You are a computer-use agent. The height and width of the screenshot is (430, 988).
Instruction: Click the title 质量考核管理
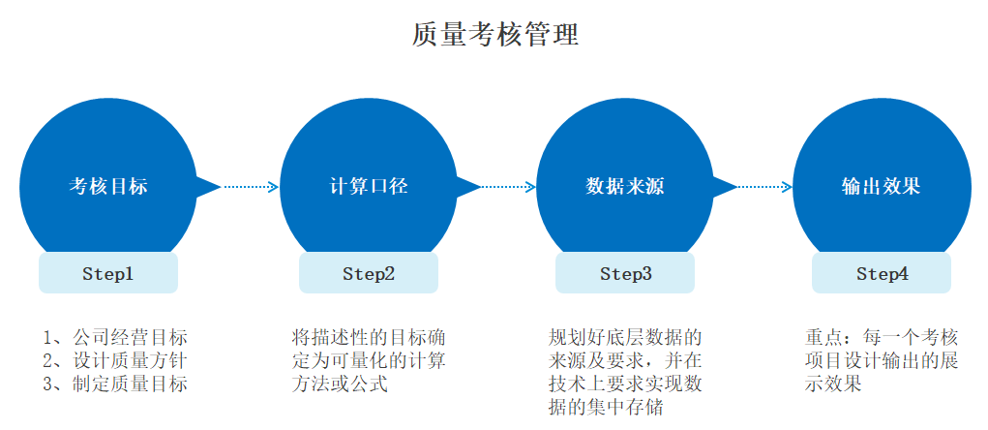(494, 36)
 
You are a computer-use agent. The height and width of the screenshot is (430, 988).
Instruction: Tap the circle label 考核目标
(108, 187)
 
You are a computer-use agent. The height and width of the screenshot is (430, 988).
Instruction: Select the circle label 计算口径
(369, 187)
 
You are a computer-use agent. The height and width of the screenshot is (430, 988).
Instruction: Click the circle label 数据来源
(625, 187)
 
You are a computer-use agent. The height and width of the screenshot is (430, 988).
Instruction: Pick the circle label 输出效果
(881, 187)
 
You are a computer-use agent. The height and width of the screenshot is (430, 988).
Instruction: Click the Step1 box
(108, 274)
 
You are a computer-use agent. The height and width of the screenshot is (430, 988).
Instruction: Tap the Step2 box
(369, 274)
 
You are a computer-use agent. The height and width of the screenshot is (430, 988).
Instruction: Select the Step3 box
(625, 274)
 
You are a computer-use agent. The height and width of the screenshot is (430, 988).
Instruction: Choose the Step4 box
(882, 274)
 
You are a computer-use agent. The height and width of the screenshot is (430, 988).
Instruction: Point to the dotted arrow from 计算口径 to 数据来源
(507, 187)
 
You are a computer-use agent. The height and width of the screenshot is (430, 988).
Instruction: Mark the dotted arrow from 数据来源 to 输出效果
(763, 187)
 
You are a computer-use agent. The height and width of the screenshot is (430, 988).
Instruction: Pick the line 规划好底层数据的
(624, 338)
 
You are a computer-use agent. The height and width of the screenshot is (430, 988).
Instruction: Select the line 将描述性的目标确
(369, 338)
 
